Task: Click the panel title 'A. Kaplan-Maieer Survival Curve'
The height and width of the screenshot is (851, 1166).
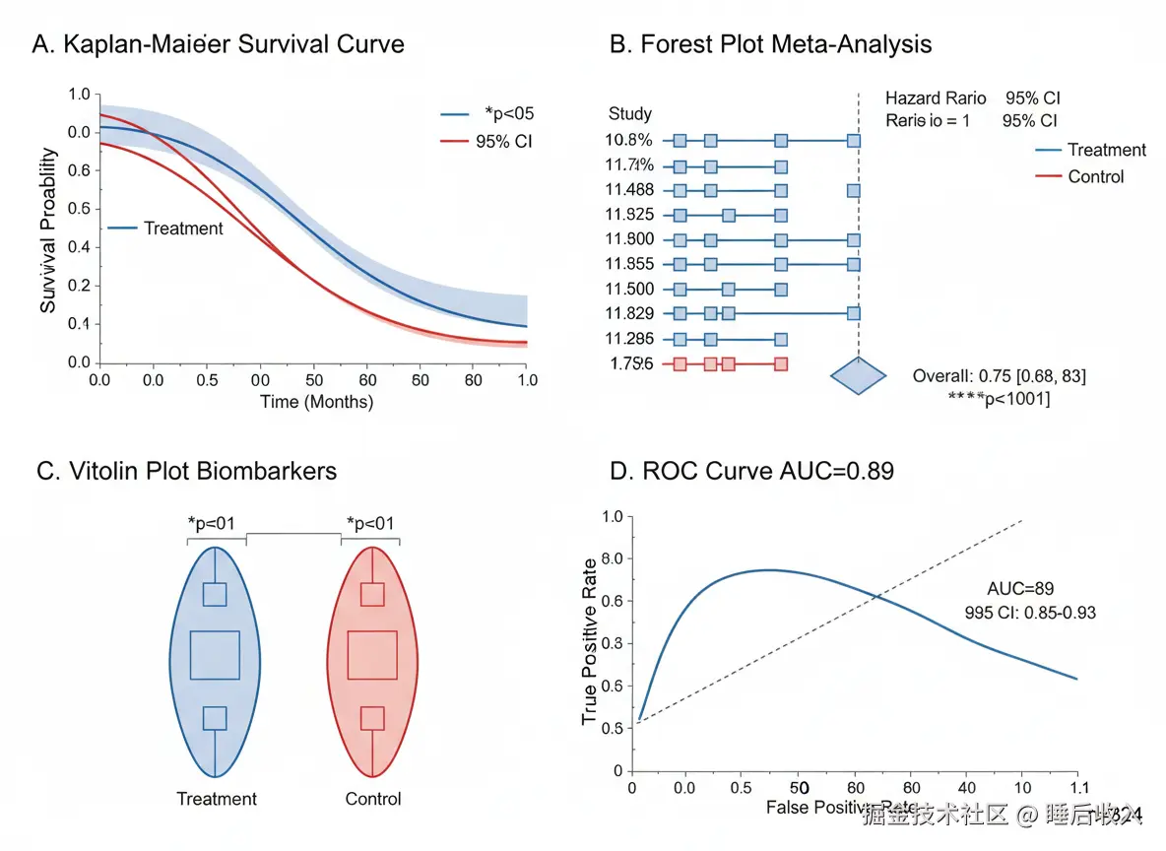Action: pos(218,44)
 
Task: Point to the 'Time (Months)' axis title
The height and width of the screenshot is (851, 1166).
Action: pos(316,402)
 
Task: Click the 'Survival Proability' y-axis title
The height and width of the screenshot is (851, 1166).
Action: pos(48,230)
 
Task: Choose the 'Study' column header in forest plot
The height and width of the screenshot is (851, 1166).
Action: pos(630,114)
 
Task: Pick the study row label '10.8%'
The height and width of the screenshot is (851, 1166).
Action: pos(628,140)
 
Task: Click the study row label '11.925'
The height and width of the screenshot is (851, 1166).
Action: pos(630,214)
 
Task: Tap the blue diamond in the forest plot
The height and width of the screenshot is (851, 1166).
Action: pos(859,376)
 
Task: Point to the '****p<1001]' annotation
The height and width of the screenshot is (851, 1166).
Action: pos(999,399)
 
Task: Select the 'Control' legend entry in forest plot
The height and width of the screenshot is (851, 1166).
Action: pos(1095,176)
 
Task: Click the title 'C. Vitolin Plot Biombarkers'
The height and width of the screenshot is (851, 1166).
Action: pos(186,471)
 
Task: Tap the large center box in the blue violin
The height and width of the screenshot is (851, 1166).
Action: pos(215,655)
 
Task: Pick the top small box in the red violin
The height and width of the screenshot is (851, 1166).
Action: pos(372,594)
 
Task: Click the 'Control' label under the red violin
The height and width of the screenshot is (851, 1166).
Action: pos(373,799)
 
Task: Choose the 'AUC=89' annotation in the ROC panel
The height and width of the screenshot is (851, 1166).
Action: pos(1020,589)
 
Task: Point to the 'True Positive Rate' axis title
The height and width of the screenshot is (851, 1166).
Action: pos(589,641)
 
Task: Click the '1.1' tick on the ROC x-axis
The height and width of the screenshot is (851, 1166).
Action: pos(1079,789)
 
